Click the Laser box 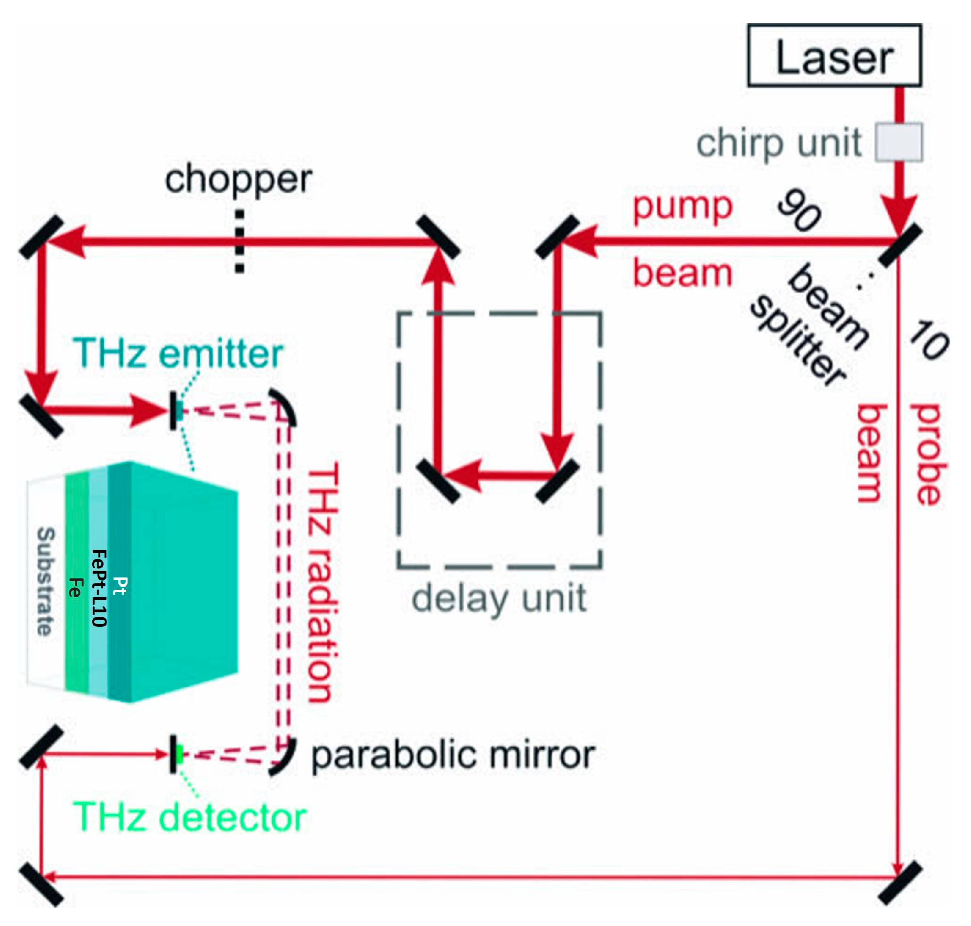(834, 55)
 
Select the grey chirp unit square (898, 143)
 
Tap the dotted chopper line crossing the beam (239, 241)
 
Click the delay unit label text (499, 599)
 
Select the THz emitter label (178, 353)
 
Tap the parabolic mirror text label (453, 755)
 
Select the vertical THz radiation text (323, 583)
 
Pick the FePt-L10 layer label (99, 588)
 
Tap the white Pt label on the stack (120, 586)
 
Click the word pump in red (682, 207)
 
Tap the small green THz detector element (179, 754)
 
